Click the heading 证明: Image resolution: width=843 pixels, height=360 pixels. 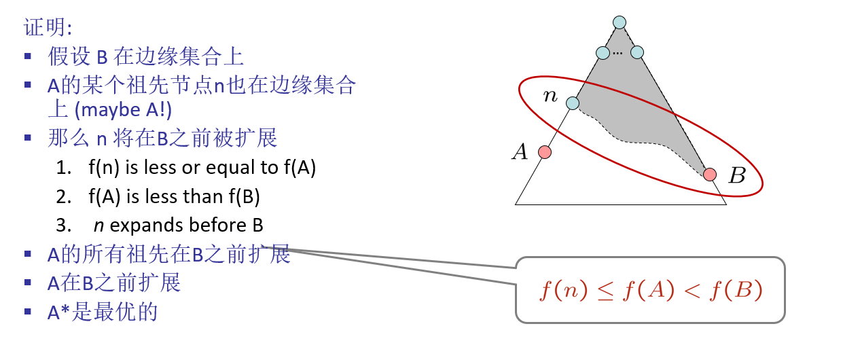coord(48,28)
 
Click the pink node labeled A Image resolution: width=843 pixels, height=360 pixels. coord(544,152)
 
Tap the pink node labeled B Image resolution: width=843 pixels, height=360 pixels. coord(710,175)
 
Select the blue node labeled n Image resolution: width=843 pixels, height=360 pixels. coord(573,103)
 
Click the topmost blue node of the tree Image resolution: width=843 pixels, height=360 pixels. coord(620,22)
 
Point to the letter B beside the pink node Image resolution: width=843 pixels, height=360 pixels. coord(736,177)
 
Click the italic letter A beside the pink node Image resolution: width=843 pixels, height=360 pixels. coord(520,152)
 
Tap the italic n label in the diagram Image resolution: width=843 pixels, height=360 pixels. coord(550,96)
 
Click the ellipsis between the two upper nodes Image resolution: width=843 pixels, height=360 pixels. coord(617,52)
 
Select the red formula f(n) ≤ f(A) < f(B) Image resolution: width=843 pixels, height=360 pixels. coord(651,290)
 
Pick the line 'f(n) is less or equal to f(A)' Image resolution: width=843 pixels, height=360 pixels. coord(202,167)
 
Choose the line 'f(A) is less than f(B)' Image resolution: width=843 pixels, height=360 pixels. coord(174,196)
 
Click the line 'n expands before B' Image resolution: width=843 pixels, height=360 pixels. coord(178,225)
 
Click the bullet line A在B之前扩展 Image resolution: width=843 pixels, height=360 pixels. coord(114,283)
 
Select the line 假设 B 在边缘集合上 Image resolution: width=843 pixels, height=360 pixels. coord(145,56)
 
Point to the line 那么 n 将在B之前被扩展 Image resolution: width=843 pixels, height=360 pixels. coord(162,138)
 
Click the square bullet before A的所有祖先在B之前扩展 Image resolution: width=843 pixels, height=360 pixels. coord(28,254)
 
